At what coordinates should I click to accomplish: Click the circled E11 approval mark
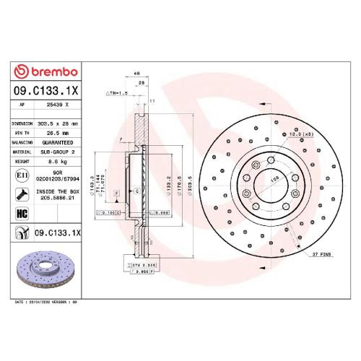pyautogui.click(x=21, y=175)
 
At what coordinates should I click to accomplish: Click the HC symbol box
pyautogui.click(x=21, y=213)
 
